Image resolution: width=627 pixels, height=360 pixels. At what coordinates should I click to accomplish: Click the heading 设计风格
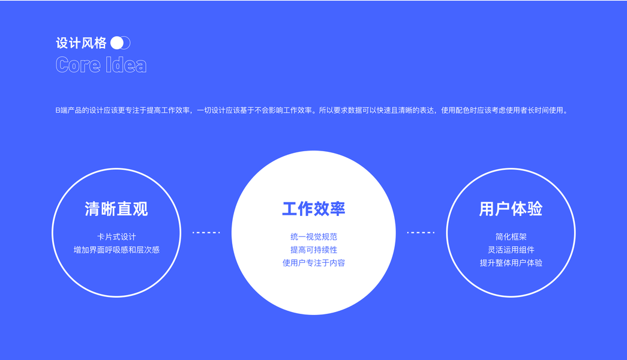81,43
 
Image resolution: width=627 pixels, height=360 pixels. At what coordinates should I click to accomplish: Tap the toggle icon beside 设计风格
121,43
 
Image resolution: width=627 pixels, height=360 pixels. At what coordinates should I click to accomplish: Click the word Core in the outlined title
78,65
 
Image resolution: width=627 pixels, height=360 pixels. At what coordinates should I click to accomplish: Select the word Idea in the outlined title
127,65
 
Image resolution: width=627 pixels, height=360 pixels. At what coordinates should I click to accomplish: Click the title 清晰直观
116,209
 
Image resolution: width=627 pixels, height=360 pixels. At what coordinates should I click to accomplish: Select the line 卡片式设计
116,237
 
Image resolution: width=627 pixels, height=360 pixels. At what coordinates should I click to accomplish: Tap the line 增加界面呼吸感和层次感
116,250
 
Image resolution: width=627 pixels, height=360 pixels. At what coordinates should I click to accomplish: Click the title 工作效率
313,209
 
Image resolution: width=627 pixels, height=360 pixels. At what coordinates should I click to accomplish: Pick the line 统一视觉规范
313,237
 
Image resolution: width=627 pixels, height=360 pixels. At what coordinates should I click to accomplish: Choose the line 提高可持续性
313,250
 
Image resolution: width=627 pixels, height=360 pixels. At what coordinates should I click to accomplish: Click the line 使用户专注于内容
313,263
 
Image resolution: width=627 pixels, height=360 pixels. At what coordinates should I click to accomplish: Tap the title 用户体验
511,209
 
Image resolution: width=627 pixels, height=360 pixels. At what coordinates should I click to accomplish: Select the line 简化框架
511,237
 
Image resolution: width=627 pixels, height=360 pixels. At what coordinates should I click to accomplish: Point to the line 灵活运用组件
511,250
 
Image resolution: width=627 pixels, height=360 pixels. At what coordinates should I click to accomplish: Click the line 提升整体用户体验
511,263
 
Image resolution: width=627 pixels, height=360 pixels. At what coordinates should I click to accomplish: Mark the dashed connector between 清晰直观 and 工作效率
206,232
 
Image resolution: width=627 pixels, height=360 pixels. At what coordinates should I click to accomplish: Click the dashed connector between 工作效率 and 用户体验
420,232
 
